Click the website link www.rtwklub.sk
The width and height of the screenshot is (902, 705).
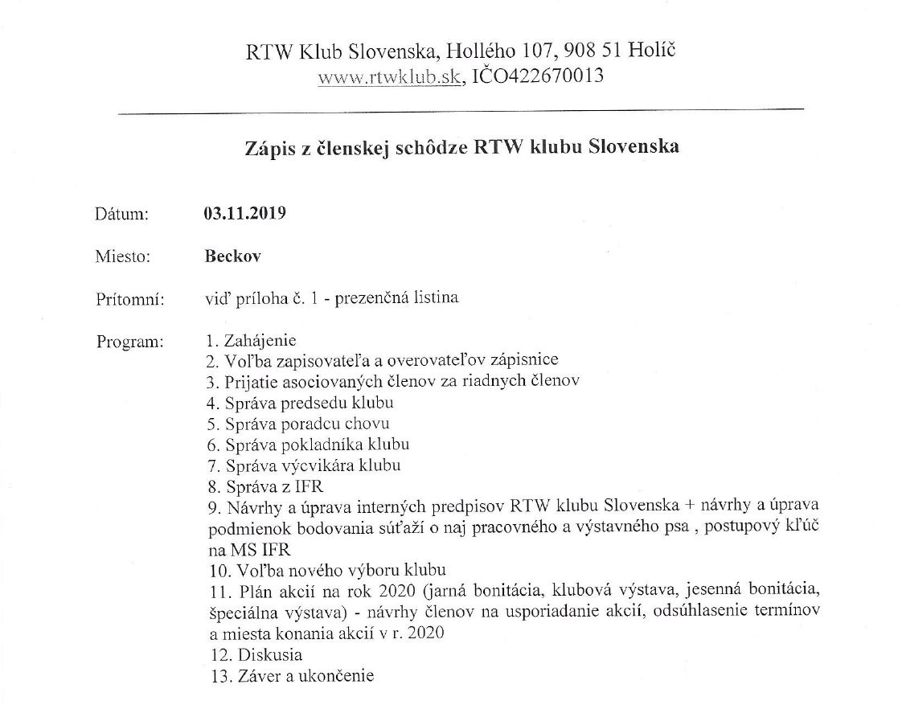(389, 78)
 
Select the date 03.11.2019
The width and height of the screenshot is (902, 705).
(245, 215)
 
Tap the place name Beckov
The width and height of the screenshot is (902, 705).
(233, 256)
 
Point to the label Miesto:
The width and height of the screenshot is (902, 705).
(123, 257)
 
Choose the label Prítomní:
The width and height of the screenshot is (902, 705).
(129, 299)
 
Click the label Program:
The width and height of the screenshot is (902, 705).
(129, 341)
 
